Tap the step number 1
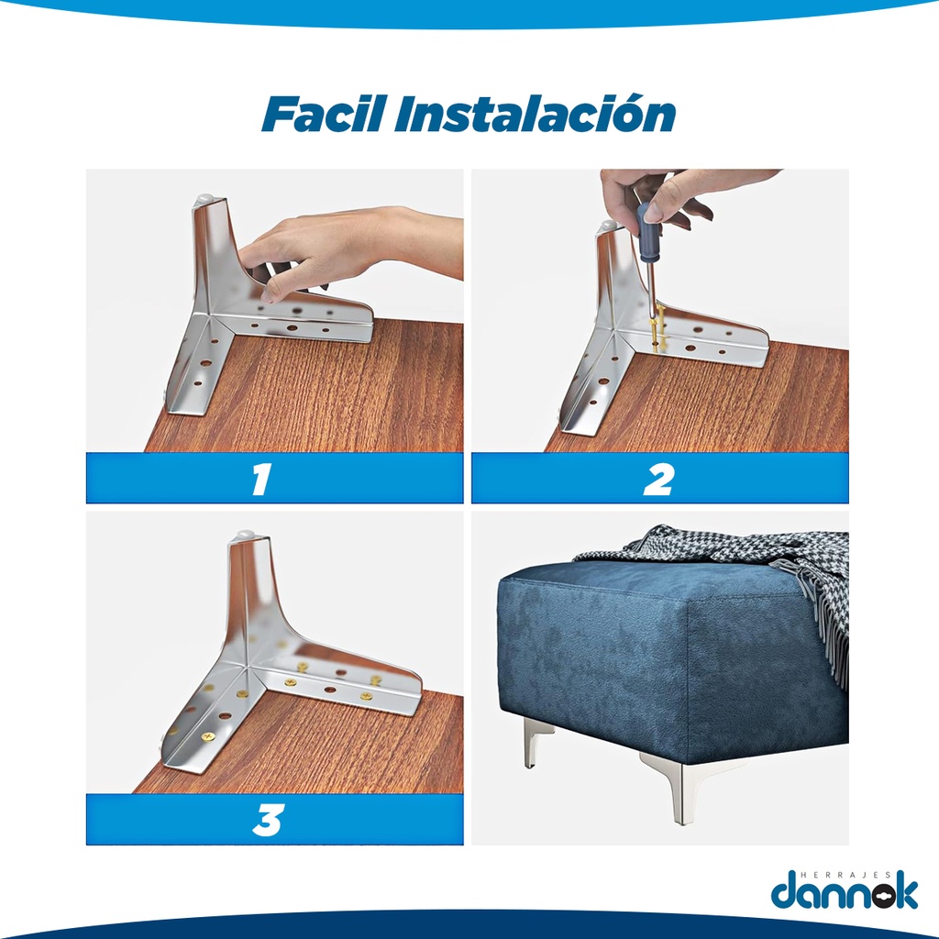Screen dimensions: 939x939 (261, 479)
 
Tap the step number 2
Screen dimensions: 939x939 (658, 479)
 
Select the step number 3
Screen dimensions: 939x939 (267, 820)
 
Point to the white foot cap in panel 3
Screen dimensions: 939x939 (246, 535)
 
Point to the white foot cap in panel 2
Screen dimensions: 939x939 (609, 226)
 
